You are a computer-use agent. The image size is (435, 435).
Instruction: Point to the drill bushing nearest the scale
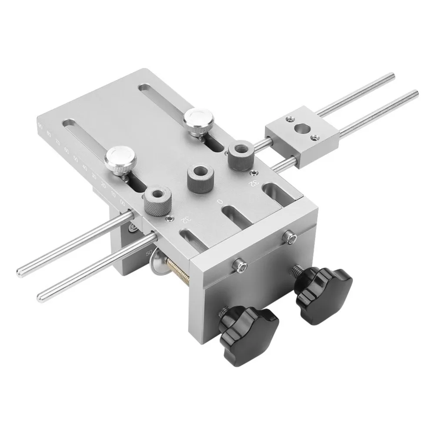[157, 201]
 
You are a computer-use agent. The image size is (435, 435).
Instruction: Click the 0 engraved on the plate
[221, 201]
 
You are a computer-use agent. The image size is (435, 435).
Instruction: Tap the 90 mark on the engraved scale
[40, 126]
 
